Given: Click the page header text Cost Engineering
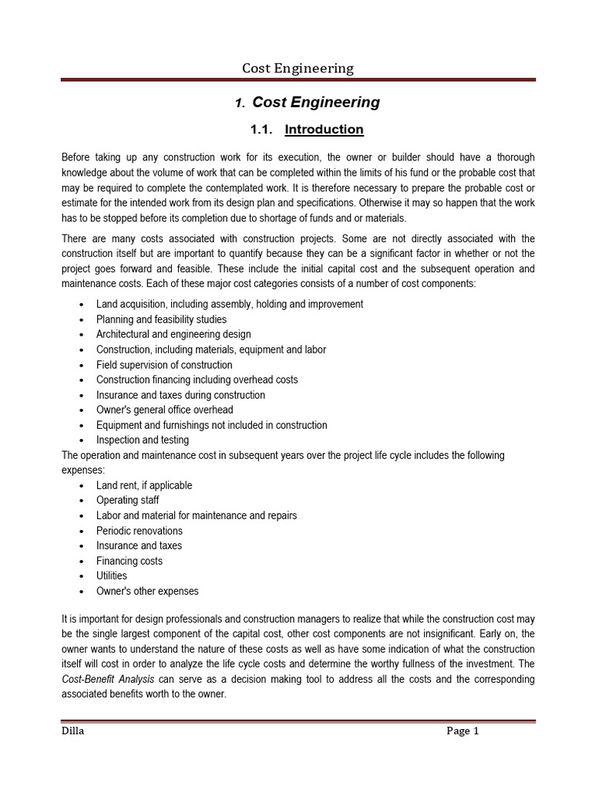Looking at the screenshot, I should coord(298,68).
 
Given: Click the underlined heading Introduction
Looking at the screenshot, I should coord(324,130).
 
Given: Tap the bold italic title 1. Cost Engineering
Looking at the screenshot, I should coord(308,102).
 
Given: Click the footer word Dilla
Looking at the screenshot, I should coord(73,731).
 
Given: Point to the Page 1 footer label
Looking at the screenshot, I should coord(462,731).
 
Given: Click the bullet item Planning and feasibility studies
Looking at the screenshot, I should coord(161,319).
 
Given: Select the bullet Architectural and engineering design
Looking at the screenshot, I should coord(173,335).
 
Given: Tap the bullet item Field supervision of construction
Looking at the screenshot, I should coord(163,365).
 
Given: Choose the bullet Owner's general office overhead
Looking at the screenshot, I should coord(164,410).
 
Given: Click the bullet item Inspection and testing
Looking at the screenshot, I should coord(142,440).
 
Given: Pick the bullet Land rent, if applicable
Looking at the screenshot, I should coord(144,485).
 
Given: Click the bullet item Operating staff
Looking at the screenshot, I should coord(129,500).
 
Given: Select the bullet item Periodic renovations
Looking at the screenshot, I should coord(139,531).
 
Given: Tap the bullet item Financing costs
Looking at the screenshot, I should coord(129,561).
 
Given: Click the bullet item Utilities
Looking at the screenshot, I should coord(112,576).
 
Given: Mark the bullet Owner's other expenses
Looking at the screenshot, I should coord(147,591).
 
